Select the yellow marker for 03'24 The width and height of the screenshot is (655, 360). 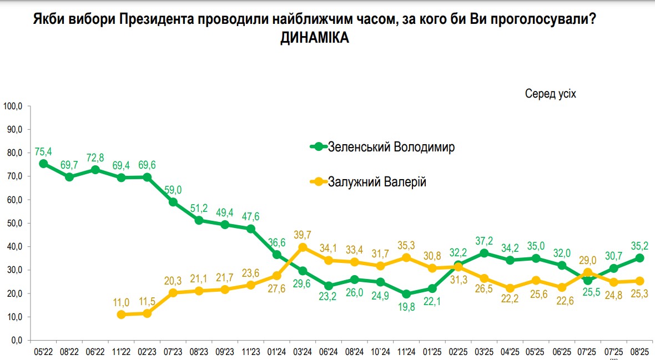pyautogui.click(x=303, y=247)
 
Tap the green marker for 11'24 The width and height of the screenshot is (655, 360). pyautogui.click(x=406, y=294)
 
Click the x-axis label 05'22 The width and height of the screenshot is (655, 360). pyautogui.click(x=43, y=352)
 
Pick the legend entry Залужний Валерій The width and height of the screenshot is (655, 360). pyautogui.click(x=377, y=181)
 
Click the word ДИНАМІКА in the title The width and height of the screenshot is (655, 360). pyautogui.click(x=315, y=38)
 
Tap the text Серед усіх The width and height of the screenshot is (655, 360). pyautogui.click(x=551, y=94)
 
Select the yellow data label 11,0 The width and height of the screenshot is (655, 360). pyautogui.click(x=121, y=302)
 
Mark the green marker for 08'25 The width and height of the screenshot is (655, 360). pyautogui.click(x=640, y=258)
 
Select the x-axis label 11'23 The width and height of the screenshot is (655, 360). pyautogui.click(x=251, y=352)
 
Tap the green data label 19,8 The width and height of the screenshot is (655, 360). pyautogui.click(x=406, y=307)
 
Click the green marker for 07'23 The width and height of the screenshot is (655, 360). pyautogui.click(x=173, y=202)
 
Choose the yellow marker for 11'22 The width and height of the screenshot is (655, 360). pyautogui.click(x=121, y=315)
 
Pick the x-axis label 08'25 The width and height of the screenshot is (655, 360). pyautogui.click(x=640, y=352)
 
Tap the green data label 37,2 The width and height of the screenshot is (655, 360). pyautogui.click(x=485, y=240)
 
